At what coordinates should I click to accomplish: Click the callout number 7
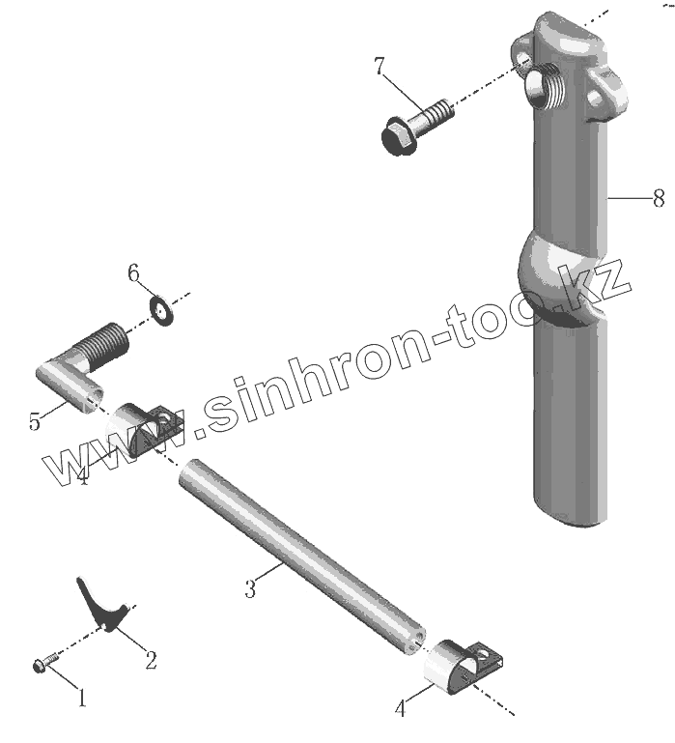click(380, 67)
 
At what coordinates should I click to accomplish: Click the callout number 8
click(659, 198)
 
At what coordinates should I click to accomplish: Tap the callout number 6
click(134, 273)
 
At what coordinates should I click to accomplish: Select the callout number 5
click(36, 422)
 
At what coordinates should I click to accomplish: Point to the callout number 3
click(250, 588)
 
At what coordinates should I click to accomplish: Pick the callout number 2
click(151, 661)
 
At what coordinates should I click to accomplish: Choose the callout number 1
click(82, 696)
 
